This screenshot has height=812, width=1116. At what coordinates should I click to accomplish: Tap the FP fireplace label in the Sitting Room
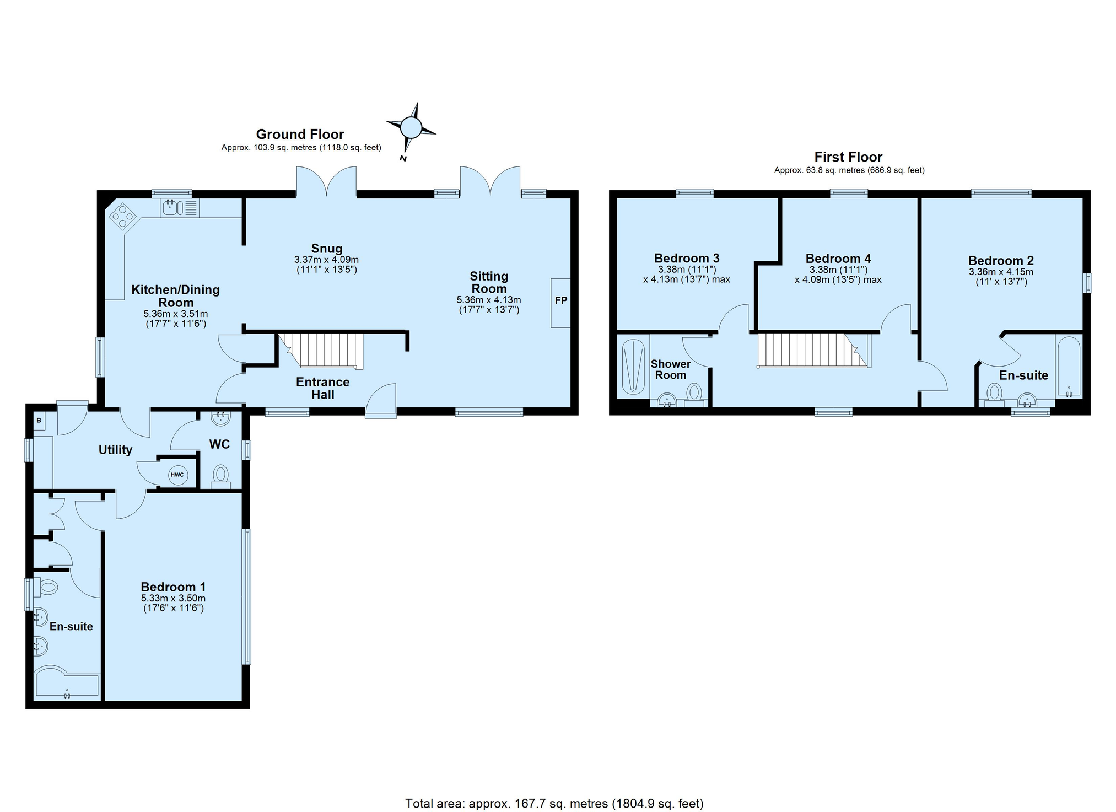point(560,300)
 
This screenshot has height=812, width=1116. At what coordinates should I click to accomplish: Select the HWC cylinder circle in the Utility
point(177,475)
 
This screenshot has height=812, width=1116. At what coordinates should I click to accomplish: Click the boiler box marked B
point(39,421)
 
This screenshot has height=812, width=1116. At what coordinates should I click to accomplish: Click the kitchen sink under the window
point(180,208)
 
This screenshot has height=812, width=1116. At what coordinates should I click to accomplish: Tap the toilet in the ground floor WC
point(220,477)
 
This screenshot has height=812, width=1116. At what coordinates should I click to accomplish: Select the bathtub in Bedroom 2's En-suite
point(1069,367)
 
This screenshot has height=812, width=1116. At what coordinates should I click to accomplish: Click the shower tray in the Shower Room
point(633,367)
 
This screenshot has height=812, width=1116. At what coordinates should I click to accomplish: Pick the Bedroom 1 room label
point(173,587)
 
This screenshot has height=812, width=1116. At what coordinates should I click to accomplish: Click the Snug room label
point(327,249)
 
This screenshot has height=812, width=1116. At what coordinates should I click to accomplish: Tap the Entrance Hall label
point(323,388)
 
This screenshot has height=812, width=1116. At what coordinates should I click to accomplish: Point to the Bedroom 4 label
point(838,259)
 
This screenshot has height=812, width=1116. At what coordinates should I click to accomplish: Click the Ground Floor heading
point(300,134)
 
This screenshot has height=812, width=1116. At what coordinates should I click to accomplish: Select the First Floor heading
point(849,157)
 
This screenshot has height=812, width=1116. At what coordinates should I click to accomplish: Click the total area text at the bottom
point(554,803)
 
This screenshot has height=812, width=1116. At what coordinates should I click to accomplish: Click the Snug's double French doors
point(326,182)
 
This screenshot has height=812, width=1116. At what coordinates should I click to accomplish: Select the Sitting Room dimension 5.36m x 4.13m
point(489,300)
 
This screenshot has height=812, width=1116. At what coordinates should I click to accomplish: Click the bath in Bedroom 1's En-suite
point(67,684)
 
